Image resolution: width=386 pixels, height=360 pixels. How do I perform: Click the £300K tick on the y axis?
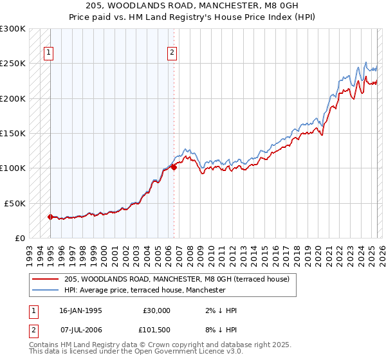click(x=13, y=29)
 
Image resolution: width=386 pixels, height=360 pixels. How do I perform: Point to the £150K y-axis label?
click(x=13, y=133)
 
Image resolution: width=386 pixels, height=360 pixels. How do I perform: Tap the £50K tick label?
click(x=15, y=203)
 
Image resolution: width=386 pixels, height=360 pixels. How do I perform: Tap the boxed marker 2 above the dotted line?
click(x=172, y=53)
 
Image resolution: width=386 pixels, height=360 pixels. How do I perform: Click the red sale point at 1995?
click(x=50, y=217)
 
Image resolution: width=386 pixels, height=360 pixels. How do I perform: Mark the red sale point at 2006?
click(x=174, y=167)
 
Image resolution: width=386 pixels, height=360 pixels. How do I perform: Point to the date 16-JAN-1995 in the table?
click(x=80, y=310)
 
